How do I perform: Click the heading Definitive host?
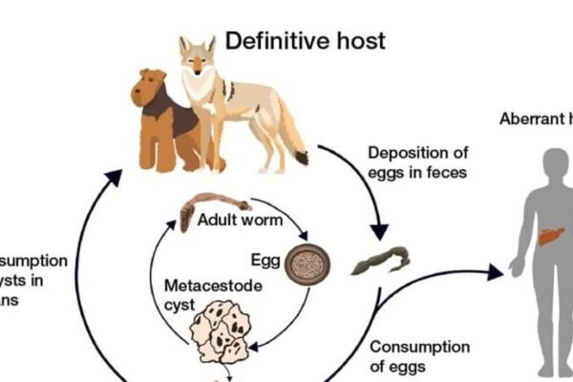coord(305,40)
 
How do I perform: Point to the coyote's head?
coord(198,57)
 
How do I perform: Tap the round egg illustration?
coord(308,265)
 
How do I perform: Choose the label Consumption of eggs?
coord(419,355)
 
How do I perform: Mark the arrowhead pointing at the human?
coord(494,273)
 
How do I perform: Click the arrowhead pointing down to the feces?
coord(379,231)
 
